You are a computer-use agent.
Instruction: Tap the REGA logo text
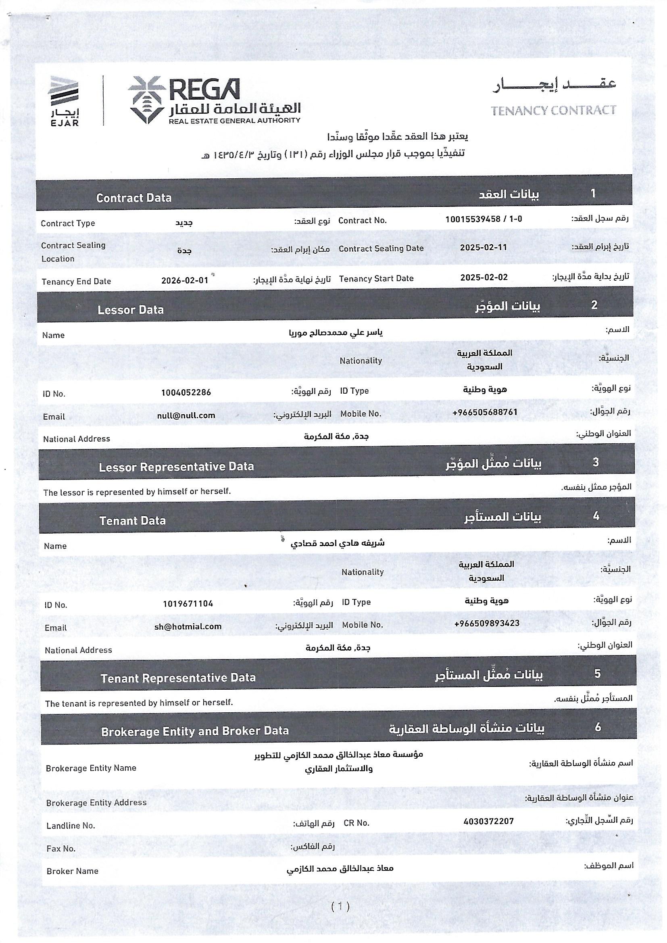click(x=204, y=90)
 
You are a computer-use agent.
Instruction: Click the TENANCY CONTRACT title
click(x=553, y=110)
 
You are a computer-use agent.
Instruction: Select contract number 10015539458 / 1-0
click(x=484, y=219)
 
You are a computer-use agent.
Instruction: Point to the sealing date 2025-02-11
click(x=483, y=247)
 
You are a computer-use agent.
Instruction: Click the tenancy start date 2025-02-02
click(x=484, y=277)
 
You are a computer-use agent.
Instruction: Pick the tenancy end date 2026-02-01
click(x=184, y=280)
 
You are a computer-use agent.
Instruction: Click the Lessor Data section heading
click(x=131, y=310)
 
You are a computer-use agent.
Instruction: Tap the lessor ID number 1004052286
click(x=186, y=392)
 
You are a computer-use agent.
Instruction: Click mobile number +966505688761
click(x=485, y=412)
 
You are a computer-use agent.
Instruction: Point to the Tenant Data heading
click(x=132, y=521)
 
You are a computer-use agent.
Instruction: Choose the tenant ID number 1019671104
click(x=188, y=604)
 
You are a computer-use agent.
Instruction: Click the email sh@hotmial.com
click(x=188, y=626)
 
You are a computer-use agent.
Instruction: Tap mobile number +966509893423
click(x=487, y=623)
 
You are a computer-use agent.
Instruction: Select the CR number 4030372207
click(x=488, y=821)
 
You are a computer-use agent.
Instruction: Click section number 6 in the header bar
click(x=598, y=727)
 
